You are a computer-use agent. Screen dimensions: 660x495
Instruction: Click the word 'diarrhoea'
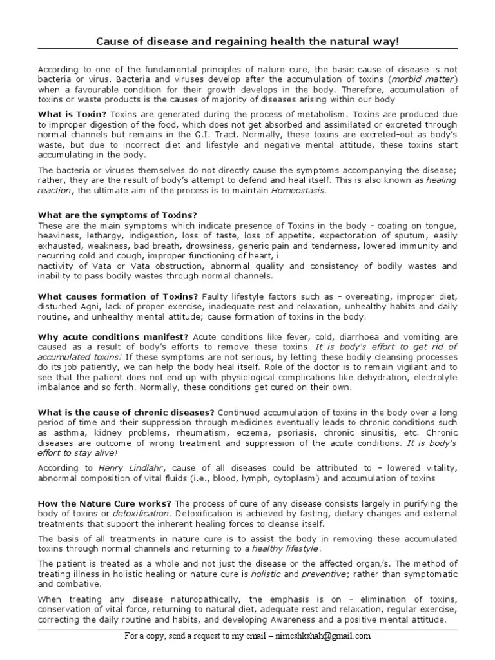[x=346, y=337]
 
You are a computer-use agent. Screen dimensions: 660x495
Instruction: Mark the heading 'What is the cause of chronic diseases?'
[x=126, y=412]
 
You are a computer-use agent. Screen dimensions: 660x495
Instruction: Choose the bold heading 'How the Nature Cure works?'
[x=104, y=503]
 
